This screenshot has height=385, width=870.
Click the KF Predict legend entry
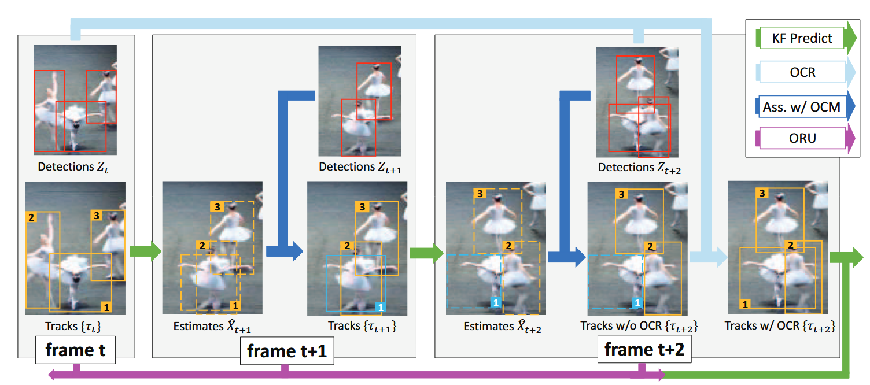(x=802, y=39)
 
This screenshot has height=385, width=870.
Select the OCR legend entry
(x=802, y=72)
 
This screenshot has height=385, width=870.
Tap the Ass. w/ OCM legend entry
(x=802, y=106)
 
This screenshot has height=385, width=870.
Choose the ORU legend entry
(x=802, y=139)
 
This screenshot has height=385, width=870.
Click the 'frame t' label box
(x=75, y=350)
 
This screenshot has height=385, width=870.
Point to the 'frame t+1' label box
(x=286, y=351)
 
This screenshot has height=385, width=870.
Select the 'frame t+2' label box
(x=644, y=349)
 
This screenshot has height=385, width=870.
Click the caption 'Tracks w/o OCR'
(x=639, y=327)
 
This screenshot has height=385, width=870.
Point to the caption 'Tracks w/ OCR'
(x=780, y=327)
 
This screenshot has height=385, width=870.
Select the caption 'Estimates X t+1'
(x=212, y=327)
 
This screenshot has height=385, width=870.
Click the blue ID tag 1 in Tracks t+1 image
(x=381, y=307)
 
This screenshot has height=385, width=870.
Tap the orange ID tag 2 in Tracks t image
(x=31, y=217)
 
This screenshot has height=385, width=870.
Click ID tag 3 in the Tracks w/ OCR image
(x=762, y=192)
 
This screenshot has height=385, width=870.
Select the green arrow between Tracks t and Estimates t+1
(x=144, y=251)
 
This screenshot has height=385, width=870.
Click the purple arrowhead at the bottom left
(x=52, y=375)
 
